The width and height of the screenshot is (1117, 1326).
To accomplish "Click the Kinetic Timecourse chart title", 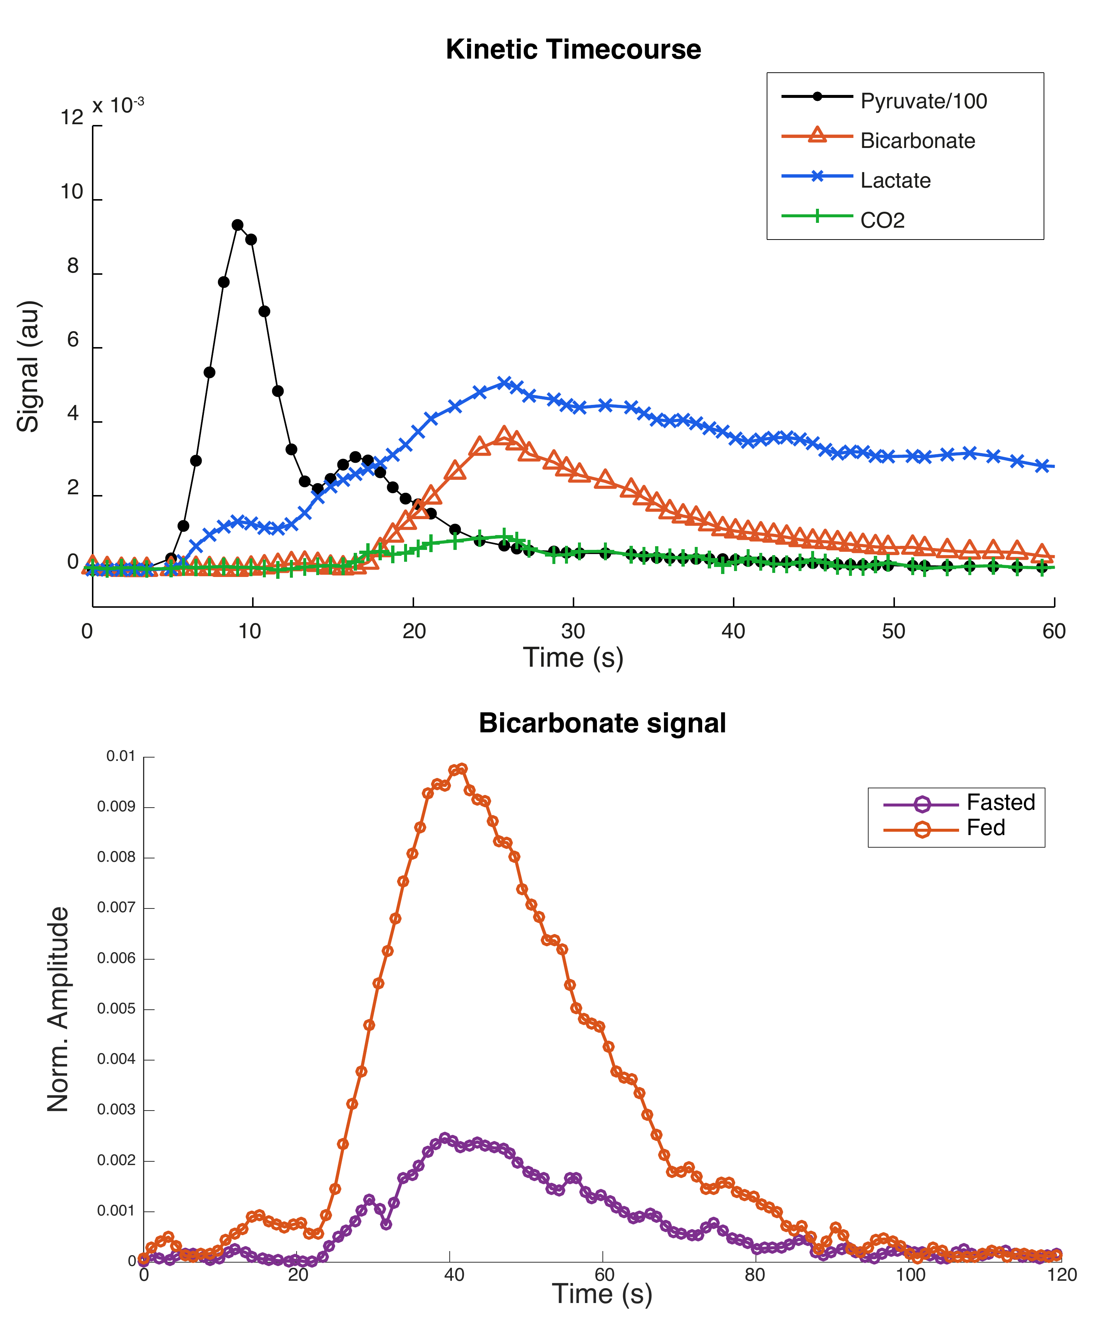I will click(573, 49).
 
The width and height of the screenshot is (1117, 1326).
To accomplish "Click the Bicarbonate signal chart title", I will click(602, 723).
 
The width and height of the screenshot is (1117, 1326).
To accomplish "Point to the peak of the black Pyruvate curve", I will click(238, 225).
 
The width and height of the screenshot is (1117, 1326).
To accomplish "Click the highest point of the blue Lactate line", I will click(504, 382).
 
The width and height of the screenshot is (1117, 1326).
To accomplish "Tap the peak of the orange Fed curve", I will click(462, 769).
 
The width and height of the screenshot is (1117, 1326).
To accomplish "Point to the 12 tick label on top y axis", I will click(72, 118).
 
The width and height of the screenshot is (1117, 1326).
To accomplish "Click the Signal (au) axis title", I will click(29, 366).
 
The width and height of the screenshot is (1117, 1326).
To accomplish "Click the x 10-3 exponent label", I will click(118, 105).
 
